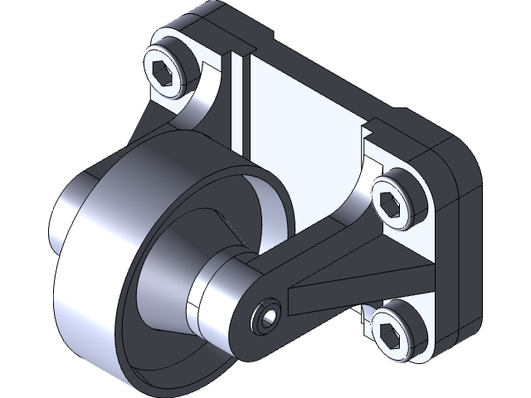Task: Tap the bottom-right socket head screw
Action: tap(393, 332)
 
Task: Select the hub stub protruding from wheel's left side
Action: tap(66, 216)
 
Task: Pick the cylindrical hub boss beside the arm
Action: tap(216, 294)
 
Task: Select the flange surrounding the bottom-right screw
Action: tap(415, 348)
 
